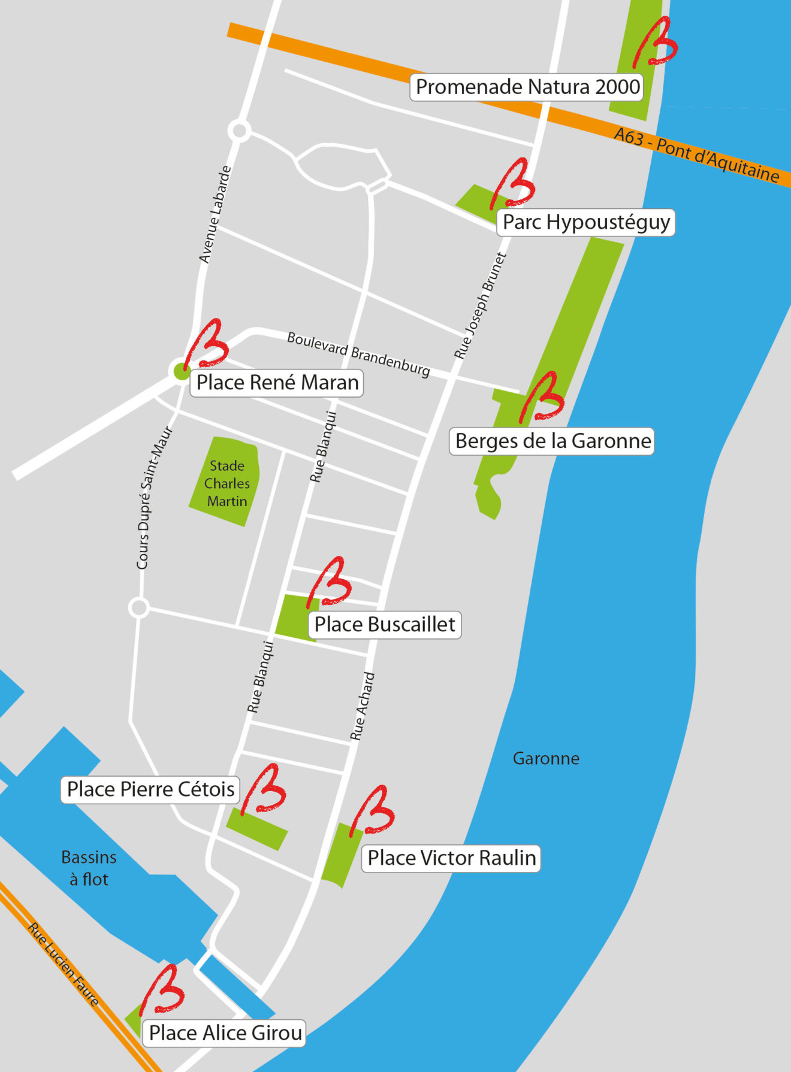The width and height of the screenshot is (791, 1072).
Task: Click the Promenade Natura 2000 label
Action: click(x=527, y=87)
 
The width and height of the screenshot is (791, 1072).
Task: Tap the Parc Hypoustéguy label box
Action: click(x=585, y=222)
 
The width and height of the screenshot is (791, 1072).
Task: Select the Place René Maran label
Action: click(x=277, y=383)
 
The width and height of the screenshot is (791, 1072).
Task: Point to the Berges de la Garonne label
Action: click(x=552, y=441)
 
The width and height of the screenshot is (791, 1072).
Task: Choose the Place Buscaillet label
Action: click(x=385, y=625)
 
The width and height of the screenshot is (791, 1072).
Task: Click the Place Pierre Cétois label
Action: click(x=150, y=789)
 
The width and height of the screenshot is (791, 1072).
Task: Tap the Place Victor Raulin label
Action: click(x=451, y=858)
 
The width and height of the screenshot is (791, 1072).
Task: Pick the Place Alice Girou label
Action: click(x=225, y=1033)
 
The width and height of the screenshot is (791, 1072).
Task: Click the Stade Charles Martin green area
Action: click(x=226, y=483)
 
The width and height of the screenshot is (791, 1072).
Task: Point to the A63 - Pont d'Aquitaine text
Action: click(x=696, y=155)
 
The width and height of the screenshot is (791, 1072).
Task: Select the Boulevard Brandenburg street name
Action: click(x=358, y=354)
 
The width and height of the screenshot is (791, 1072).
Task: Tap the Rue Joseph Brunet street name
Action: click(x=481, y=306)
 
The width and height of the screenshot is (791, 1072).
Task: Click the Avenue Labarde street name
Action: click(x=215, y=214)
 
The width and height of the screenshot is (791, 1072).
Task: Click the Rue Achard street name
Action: click(x=363, y=706)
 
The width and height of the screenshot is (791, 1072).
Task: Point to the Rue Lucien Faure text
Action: click(x=63, y=964)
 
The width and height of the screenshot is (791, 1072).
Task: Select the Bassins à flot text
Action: click(x=89, y=868)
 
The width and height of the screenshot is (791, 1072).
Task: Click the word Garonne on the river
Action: click(x=546, y=759)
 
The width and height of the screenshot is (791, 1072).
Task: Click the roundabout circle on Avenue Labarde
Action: click(x=239, y=130)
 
